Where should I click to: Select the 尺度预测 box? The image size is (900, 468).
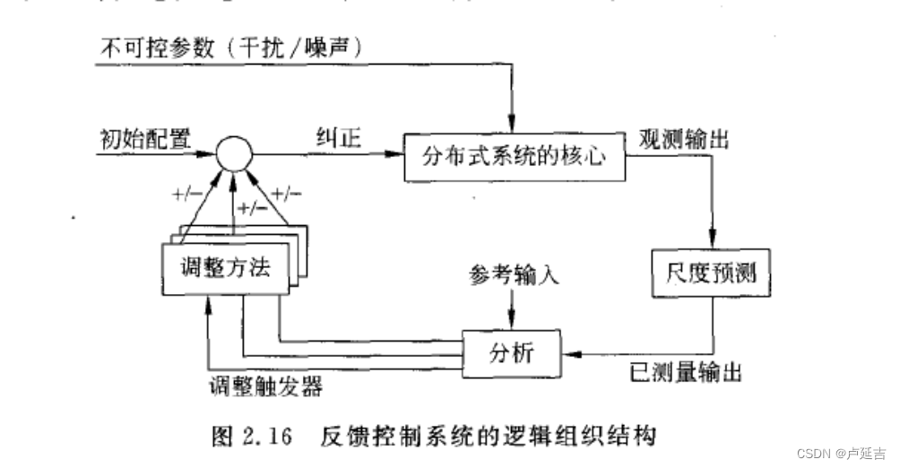pyautogui.click(x=711, y=270)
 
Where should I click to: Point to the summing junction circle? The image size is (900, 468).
pyautogui.click(x=232, y=153)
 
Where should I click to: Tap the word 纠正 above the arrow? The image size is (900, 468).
pyautogui.click(x=337, y=137)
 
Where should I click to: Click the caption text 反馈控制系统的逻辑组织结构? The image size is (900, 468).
pyautogui.click(x=488, y=437)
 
